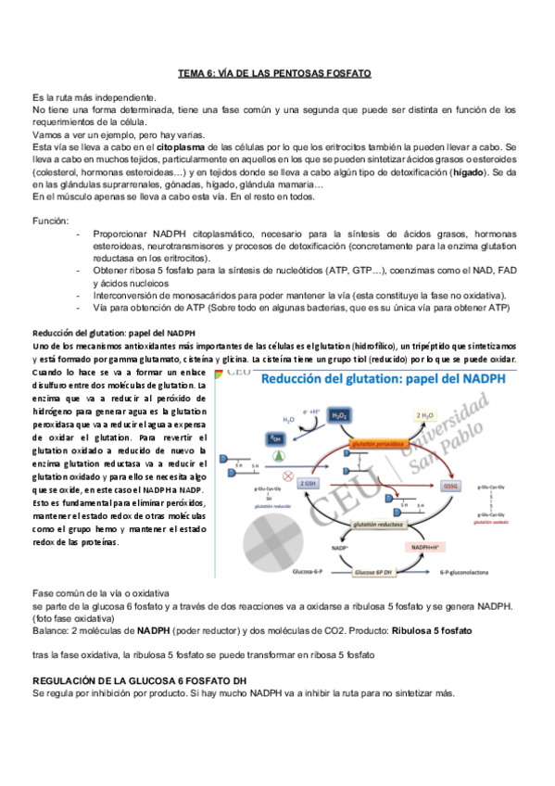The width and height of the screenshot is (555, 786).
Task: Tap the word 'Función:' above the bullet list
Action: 50,222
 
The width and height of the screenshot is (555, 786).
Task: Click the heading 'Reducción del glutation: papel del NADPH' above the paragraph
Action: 114,333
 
